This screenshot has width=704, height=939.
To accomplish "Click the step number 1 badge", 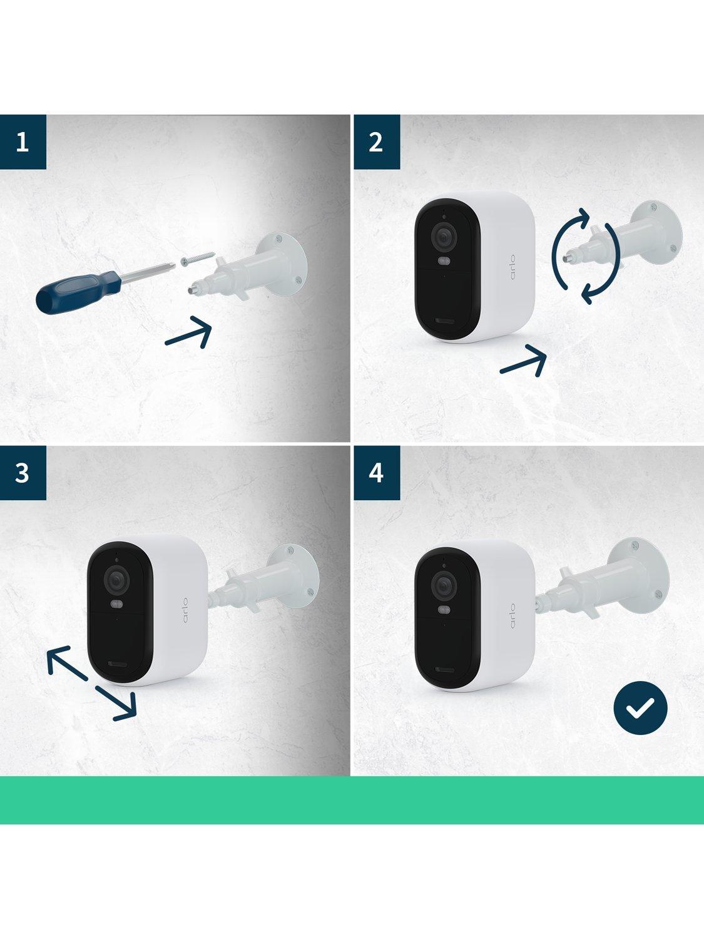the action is tap(23, 141).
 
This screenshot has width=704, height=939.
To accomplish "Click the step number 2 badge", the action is tap(377, 141).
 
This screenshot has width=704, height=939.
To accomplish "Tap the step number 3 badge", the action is tap(23, 473).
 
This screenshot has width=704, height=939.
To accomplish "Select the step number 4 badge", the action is tap(377, 473).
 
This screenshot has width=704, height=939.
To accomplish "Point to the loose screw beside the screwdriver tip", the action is tap(198, 259).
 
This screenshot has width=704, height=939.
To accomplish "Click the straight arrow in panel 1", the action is tap(188, 332).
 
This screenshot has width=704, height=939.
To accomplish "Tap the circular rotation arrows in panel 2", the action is tap(586, 256).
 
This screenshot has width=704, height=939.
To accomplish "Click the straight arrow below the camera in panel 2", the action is tap(523, 361).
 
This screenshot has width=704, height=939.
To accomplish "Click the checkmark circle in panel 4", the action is tap(640, 708).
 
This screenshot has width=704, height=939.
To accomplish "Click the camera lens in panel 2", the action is tap(444, 237).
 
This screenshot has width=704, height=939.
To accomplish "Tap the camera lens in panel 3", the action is tap(116, 580).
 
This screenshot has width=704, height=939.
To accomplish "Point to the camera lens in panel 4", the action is tap(444, 586).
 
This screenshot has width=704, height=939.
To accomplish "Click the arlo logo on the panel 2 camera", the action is tap(513, 267).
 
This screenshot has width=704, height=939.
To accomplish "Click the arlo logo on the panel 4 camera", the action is tap(513, 616).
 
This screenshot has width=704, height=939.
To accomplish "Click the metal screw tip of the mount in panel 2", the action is tap(568, 259).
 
